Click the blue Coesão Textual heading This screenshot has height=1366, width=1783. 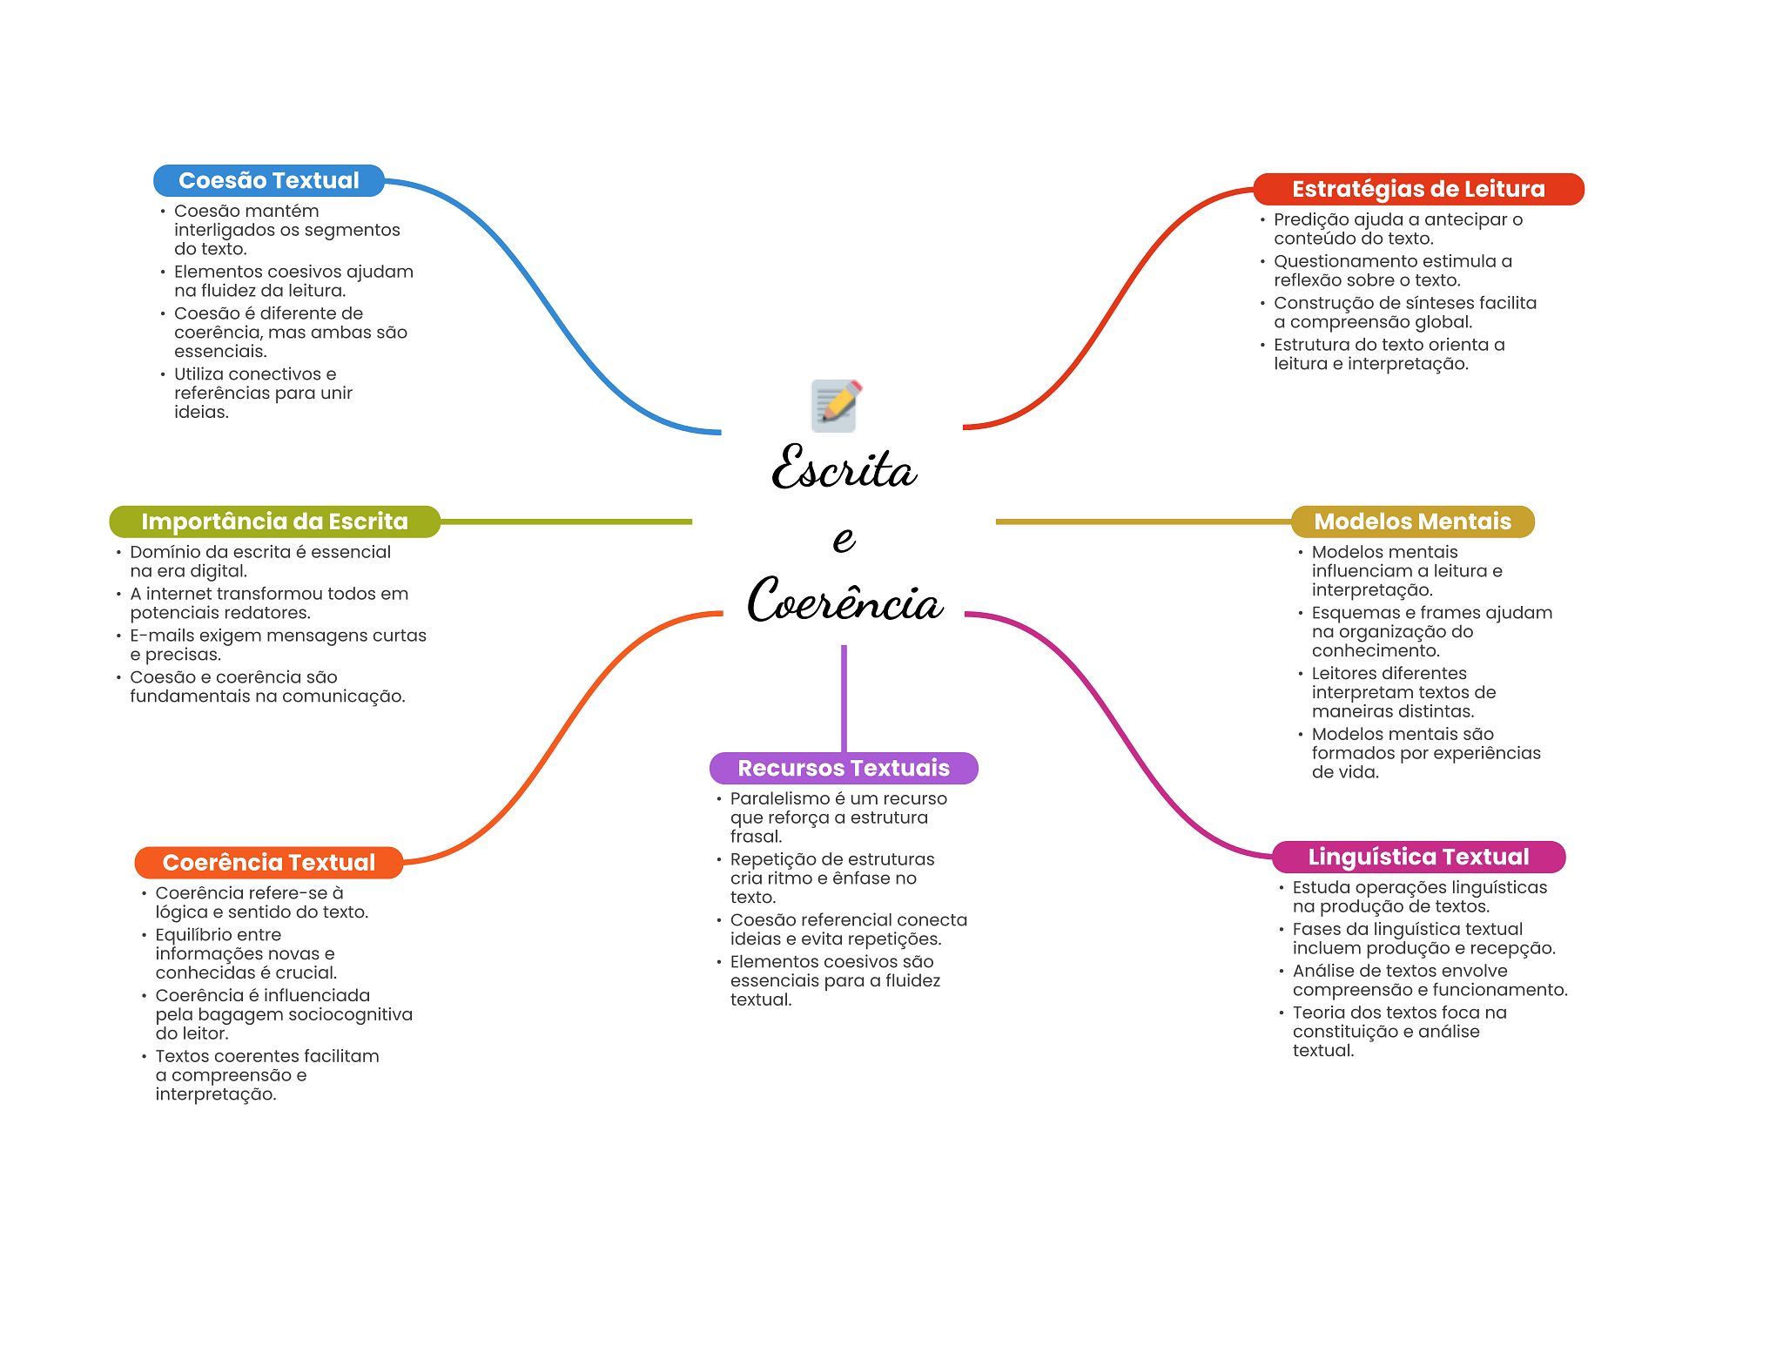pyautogui.click(x=269, y=180)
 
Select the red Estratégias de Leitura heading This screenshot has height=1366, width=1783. pyautogui.click(x=1418, y=189)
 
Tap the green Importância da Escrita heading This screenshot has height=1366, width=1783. pyautogui.click(x=274, y=522)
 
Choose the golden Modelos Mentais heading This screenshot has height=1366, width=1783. pyautogui.click(x=1412, y=522)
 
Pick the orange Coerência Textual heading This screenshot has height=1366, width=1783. pyautogui.click(x=269, y=863)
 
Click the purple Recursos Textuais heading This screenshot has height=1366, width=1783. pyautogui.click(x=844, y=768)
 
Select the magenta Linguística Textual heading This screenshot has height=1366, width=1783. pyautogui.click(x=1418, y=857)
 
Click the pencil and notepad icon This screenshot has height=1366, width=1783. pyautogui.click(x=836, y=405)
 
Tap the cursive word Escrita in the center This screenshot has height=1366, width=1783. pyautogui.click(x=844, y=468)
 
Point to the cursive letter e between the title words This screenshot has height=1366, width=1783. pyautogui.click(x=844, y=539)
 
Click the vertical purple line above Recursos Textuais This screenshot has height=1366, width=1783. pyautogui.click(x=844, y=698)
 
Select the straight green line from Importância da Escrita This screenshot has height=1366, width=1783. pyautogui.click(x=566, y=522)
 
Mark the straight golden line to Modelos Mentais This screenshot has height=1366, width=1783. pyautogui.click(x=1143, y=522)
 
